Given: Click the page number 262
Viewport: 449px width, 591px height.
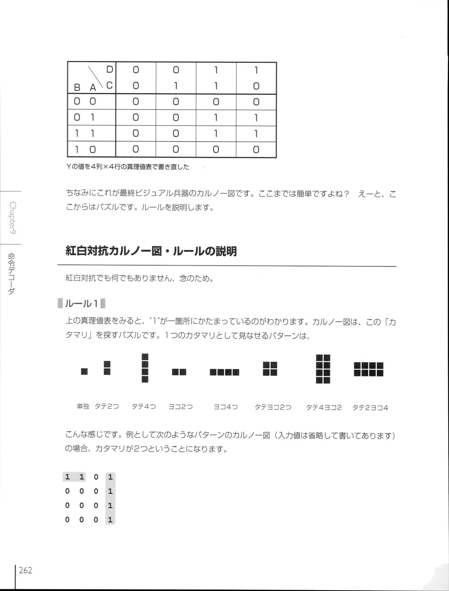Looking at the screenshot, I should pyautogui.click(x=26, y=570).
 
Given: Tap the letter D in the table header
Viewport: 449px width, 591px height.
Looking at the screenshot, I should pyautogui.click(x=109, y=70).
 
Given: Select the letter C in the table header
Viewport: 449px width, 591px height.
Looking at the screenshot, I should pyautogui.click(x=109, y=85).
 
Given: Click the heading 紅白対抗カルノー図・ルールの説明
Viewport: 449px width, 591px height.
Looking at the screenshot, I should pyautogui.click(x=151, y=251).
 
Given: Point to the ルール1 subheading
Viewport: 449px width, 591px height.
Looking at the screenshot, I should pyautogui.click(x=81, y=303).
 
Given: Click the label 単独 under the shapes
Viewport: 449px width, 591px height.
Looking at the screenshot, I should pyautogui.click(x=83, y=407).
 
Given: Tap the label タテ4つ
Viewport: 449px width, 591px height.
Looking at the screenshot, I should pyautogui.click(x=143, y=407).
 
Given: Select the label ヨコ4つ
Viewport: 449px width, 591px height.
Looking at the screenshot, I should pyautogui.click(x=226, y=407).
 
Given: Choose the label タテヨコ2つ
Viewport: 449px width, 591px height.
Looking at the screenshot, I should pyautogui.click(x=273, y=407).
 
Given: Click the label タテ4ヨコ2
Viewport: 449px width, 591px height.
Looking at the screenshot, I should pyautogui.click(x=323, y=408).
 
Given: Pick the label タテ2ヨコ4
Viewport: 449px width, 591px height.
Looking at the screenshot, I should pyautogui.click(x=370, y=408).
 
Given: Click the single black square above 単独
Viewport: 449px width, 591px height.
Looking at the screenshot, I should pyautogui.click(x=84, y=371).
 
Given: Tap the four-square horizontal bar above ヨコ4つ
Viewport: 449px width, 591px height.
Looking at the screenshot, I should pyautogui.click(x=224, y=372).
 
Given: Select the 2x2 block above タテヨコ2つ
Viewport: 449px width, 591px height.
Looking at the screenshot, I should pyautogui.click(x=270, y=369).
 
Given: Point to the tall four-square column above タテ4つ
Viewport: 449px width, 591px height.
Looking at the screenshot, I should pyautogui.click(x=145, y=368).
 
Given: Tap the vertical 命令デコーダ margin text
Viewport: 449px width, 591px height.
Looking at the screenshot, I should pyautogui.click(x=12, y=274).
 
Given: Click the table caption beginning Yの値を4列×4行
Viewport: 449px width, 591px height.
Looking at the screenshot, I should pyautogui.click(x=128, y=167).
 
